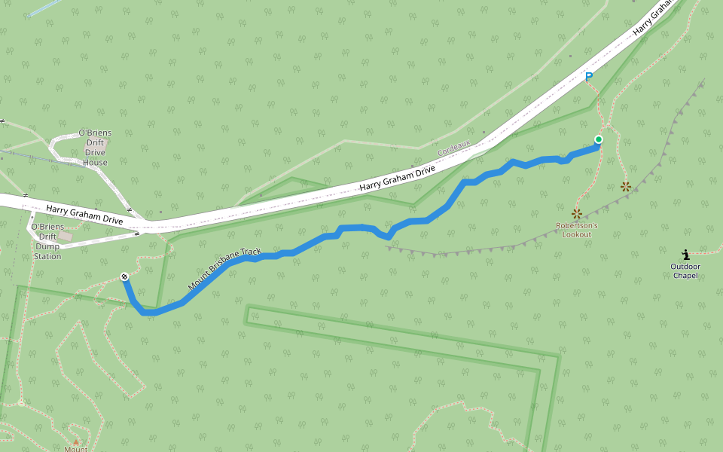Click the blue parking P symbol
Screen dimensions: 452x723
click(589, 76)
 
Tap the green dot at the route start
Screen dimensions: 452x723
click(599, 139)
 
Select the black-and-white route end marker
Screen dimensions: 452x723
click(124, 277)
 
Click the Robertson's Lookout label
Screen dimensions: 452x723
click(577, 230)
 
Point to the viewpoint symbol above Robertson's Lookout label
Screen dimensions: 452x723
click(577, 214)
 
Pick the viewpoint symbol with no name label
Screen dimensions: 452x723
click(625, 186)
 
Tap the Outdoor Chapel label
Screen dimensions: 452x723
click(685, 270)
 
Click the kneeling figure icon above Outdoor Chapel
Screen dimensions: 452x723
click(685, 255)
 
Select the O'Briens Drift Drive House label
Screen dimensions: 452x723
click(96, 148)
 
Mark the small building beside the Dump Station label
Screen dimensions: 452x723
click(66, 237)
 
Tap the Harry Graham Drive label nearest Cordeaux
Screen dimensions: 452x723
click(397, 179)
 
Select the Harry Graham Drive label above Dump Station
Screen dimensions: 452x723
click(84, 214)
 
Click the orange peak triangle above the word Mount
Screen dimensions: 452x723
click(75, 441)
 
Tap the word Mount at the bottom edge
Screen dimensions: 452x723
click(76, 449)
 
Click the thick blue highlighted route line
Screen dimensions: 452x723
click(422, 220)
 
